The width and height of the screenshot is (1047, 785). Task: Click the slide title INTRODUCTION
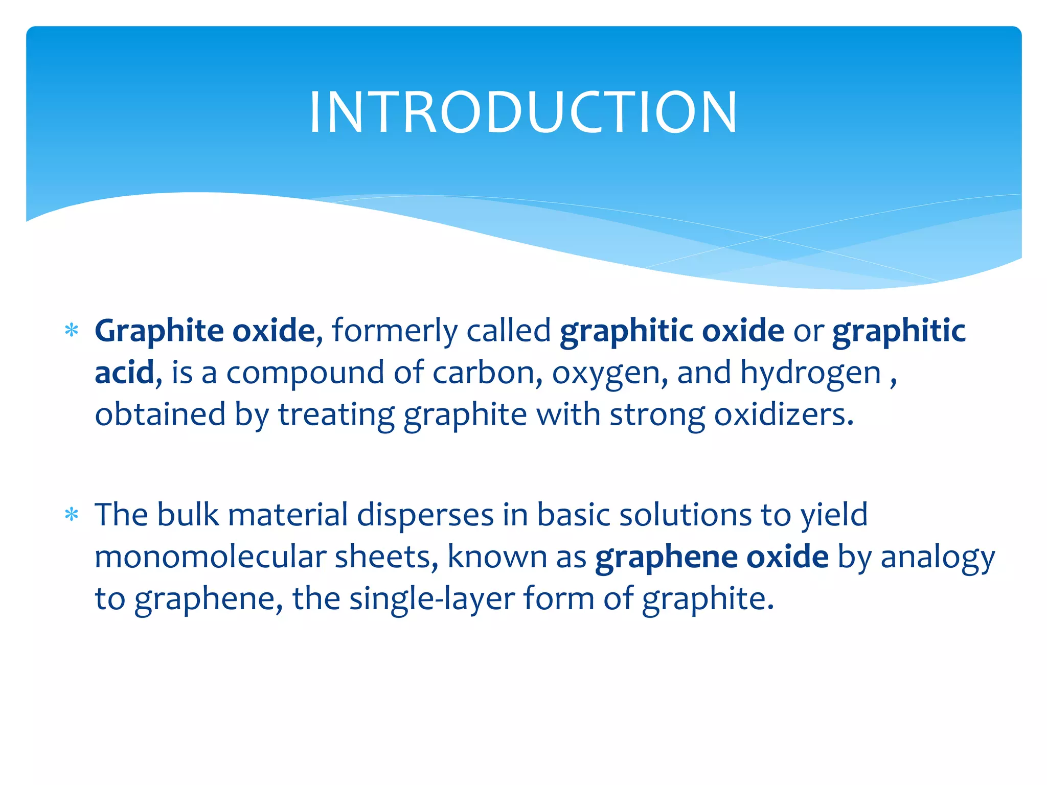coord(523,112)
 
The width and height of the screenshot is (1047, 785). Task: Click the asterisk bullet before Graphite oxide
coord(72,331)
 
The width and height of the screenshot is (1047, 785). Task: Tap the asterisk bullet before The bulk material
coord(72,514)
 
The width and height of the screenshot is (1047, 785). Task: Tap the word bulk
coord(188,514)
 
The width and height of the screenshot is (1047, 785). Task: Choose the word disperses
coord(425,515)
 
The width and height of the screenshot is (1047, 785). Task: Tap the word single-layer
coord(432,599)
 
